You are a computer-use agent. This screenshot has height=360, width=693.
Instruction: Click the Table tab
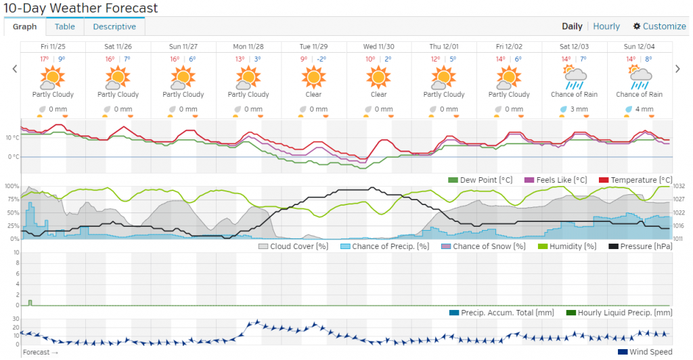click(x=65, y=26)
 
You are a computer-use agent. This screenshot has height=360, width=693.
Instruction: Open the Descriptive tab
click(x=114, y=26)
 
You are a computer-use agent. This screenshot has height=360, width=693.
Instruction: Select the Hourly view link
click(x=606, y=26)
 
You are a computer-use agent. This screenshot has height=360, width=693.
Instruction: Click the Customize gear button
click(x=659, y=26)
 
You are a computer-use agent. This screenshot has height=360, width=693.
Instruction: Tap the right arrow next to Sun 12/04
click(x=678, y=68)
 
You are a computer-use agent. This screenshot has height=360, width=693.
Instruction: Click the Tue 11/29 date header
click(x=314, y=47)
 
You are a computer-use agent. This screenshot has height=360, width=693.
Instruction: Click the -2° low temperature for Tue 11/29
click(x=321, y=59)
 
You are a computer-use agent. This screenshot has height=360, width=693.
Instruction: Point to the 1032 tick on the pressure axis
click(x=679, y=186)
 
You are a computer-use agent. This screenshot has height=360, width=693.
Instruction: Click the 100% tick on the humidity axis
click(x=12, y=186)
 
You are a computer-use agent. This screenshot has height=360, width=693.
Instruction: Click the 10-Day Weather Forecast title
click(x=81, y=9)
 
